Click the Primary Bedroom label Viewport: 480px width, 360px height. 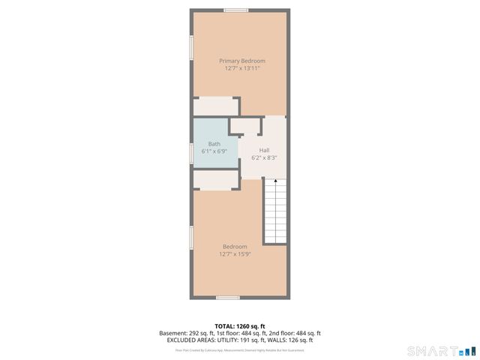point(241,61)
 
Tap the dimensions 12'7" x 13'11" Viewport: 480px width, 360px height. point(241,68)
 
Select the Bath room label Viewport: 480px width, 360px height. point(214,144)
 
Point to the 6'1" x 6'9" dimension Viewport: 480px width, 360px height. point(214,151)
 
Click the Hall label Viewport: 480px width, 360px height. point(264,150)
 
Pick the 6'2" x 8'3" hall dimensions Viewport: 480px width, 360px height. point(264,157)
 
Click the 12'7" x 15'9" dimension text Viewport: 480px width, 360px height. point(235,253)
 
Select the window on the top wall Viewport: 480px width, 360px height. point(236,10)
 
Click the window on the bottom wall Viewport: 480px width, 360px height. point(228,298)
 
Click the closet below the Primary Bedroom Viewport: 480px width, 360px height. point(216,106)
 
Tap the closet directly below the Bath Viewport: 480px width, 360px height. point(216,181)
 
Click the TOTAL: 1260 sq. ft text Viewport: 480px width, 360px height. point(240,325)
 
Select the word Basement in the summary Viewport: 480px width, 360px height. point(172,333)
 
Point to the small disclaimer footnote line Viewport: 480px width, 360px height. point(240,349)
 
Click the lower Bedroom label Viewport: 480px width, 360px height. point(235,246)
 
